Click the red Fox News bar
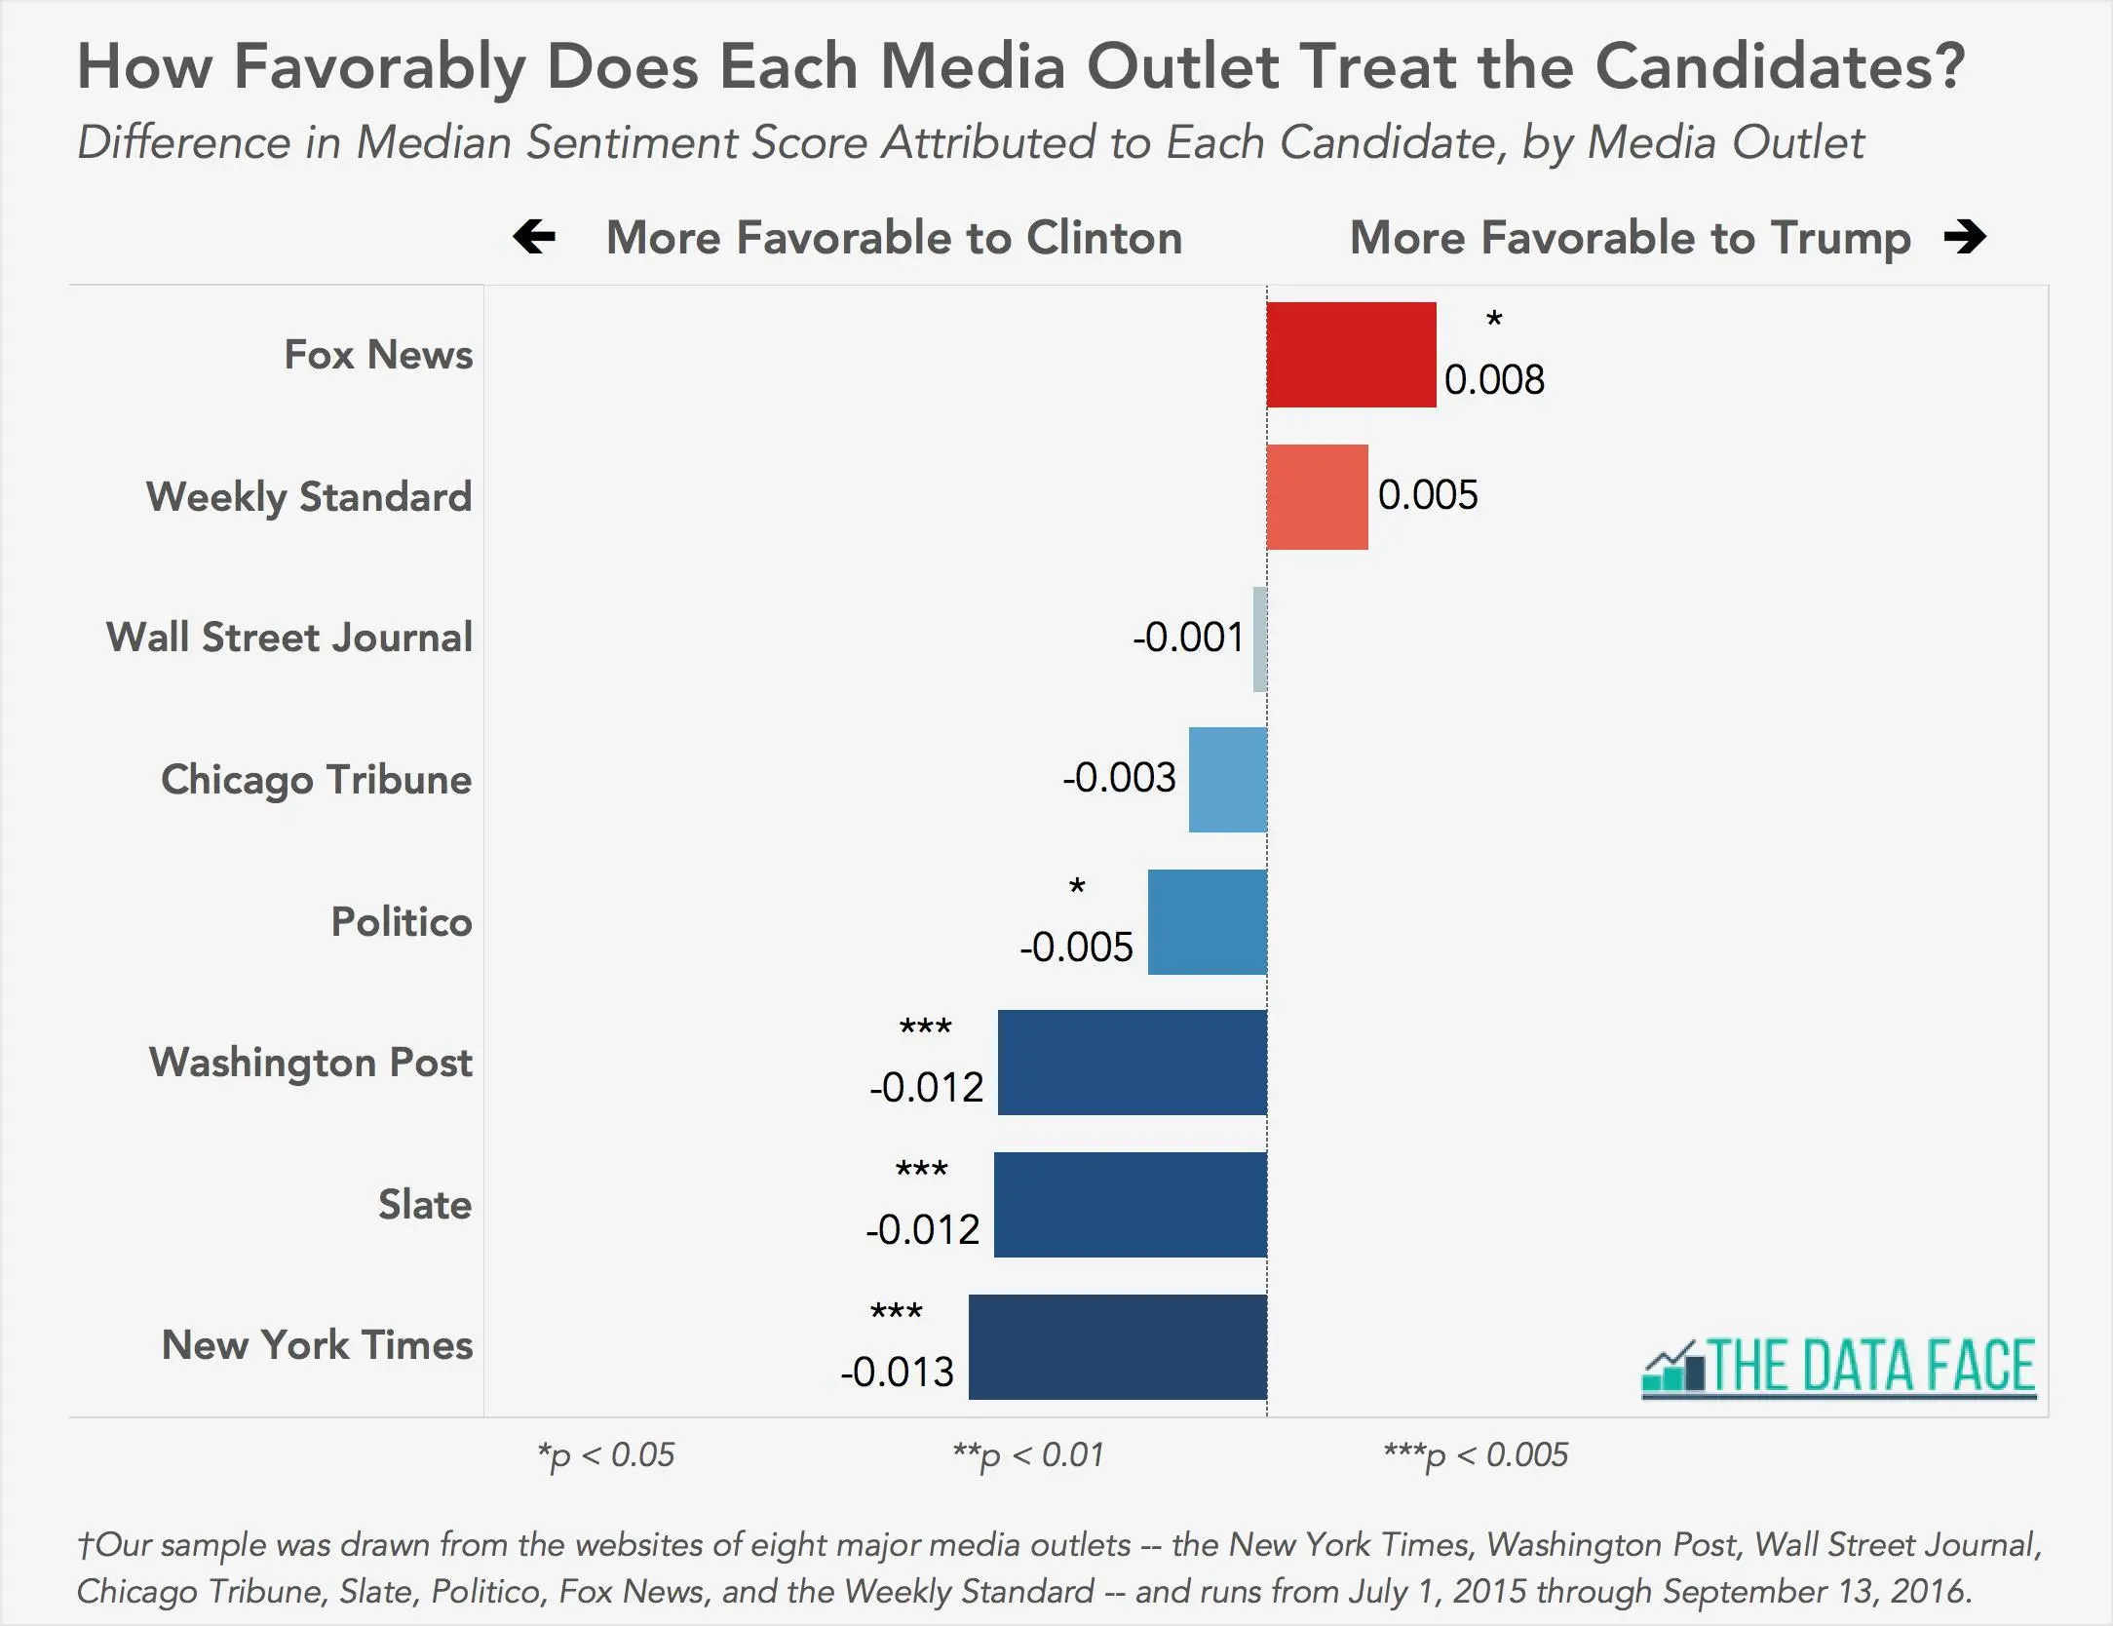tap(1351, 355)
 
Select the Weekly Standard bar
tap(1317, 497)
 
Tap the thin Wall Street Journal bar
tap(1260, 639)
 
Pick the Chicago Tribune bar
tap(1227, 780)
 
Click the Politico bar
tap(1207, 922)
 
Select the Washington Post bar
tap(1132, 1063)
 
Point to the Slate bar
tap(1130, 1205)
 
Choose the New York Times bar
tap(1117, 1347)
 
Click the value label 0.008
tap(1494, 380)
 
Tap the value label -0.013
tap(897, 1373)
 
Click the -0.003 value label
tap(1119, 778)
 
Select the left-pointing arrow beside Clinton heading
tap(534, 237)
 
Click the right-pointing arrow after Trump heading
tap(1964, 237)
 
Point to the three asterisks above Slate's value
tap(921, 1170)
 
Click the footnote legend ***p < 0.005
tap(1476, 1455)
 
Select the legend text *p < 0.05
tap(605, 1455)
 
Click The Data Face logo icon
tap(1673, 1367)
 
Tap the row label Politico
tap(402, 922)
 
